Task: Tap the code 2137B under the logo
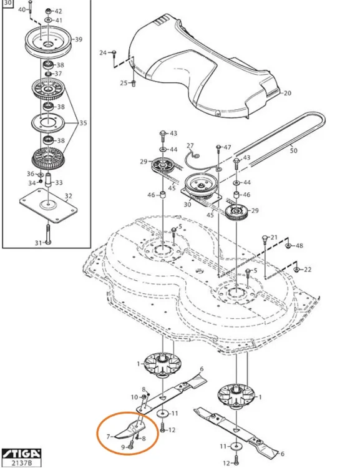click(x=17, y=462)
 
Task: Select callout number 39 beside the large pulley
click(x=78, y=39)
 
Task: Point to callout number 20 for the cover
click(x=287, y=94)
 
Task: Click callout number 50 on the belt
click(x=293, y=150)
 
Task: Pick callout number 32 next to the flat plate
click(x=68, y=196)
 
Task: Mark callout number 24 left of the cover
click(x=104, y=52)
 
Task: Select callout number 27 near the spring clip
click(x=190, y=145)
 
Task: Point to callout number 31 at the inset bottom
click(x=38, y=243)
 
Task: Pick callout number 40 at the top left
click(x=22, y=10)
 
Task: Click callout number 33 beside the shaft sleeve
click(x=59, y=182)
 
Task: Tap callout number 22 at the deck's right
click(x=307, y=270)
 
